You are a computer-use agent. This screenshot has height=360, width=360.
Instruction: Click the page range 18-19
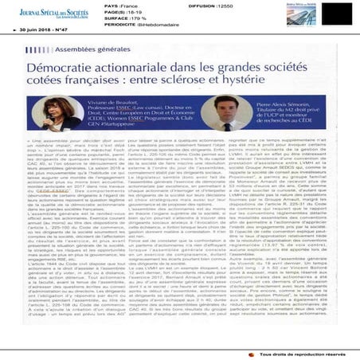tap(123, 13)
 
